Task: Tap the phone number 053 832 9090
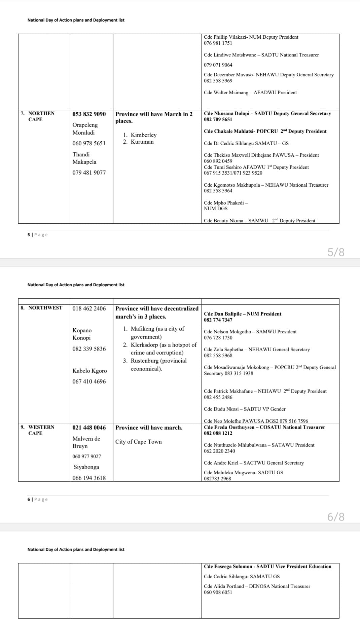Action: tap(89, 114)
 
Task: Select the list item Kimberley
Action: tap(143, 135)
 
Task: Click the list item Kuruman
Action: tap(142, 142)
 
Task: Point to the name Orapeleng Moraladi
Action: tap(85, 129)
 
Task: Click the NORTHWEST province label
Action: tap(45, 308)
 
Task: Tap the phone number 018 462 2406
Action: tap(89, 308)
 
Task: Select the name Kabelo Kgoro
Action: tap(89, 371)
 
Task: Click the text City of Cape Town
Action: tap(138, 442)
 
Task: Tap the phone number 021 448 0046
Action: tap(89, 428)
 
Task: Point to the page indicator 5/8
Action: tap(336, 252)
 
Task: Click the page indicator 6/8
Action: tap(336, 517)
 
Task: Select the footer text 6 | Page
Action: tap(37, 500)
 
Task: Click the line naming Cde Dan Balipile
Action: tap(242, 314)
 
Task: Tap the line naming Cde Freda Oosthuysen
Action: tap(264, 427)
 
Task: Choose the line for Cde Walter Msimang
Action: tap(250, 93)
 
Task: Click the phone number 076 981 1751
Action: tap(218, 43)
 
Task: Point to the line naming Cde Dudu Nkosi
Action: tap(244, 409)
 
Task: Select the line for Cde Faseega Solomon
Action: tap(267, 567)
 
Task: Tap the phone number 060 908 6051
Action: tap(218, 592)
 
